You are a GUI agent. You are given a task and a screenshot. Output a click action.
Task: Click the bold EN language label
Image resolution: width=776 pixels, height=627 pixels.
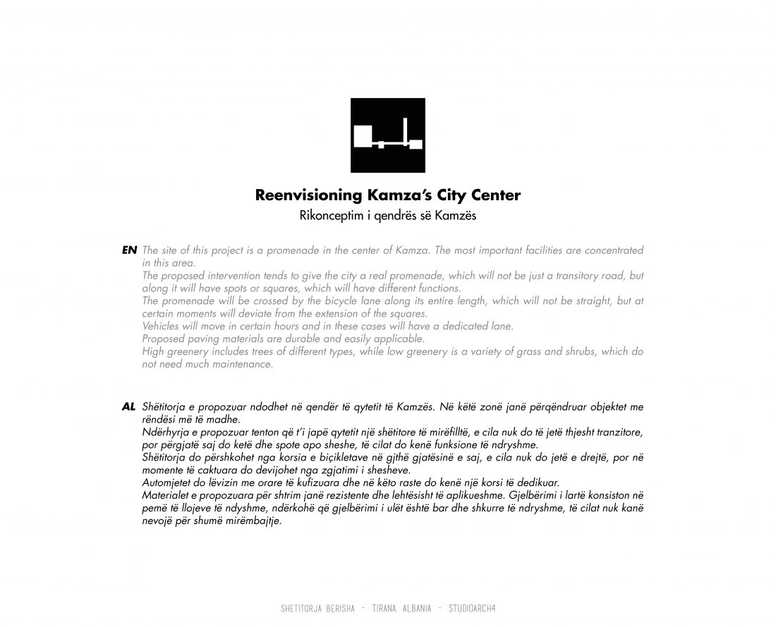click(129, 250)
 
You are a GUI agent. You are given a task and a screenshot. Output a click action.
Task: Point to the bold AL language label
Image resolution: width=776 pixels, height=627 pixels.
click(128, 407)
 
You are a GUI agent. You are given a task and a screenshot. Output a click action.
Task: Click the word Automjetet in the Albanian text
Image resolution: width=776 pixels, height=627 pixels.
click(167, 483)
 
